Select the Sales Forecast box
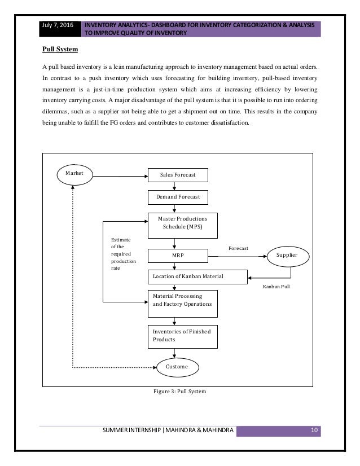coord(178,175)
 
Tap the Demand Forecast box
coord(178,197)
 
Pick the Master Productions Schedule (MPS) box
coord(182,226)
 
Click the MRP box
coord(178,256)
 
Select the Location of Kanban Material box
coord(197,277)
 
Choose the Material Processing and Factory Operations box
coord(182,304)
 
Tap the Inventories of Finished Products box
coord(182,337)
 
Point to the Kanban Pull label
coord(276,287)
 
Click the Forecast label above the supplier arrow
coord(239,248)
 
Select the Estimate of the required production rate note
coord(124,254)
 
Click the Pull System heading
coord(60,49)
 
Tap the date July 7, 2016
coord(58,25)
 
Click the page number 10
coord(314,430)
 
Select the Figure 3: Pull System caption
coord(179,392)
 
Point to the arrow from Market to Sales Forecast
coord(120,176)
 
